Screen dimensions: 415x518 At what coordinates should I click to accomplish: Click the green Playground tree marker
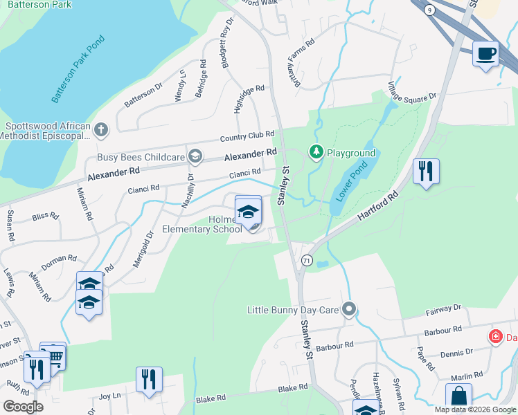click(x=316, y=151)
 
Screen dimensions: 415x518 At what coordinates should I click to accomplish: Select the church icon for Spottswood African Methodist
click(x=101, y=129)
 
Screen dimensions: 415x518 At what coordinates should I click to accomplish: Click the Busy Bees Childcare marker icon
click(x=195, y=156)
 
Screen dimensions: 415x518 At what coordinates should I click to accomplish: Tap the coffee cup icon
click(x=485, y=53)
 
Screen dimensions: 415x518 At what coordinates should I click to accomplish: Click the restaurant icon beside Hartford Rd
click(x=426, y=171)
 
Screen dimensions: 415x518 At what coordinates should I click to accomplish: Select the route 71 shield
click(x=307, y=260)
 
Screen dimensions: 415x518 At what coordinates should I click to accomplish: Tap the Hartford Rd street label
click(x=379, y=207)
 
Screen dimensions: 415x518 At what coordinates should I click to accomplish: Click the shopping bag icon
click(x=458, y=396)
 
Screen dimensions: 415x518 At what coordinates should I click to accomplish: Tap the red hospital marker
click(x=495, y=337)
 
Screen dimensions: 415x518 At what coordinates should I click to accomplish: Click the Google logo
click(x=23, y=406)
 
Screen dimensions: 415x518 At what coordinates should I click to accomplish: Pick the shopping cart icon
click(x=53, y=355)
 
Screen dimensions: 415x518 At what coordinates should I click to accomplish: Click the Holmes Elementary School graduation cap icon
click(x=248, y=211)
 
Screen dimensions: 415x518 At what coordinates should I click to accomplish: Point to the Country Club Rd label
click(x=247, y=136)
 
